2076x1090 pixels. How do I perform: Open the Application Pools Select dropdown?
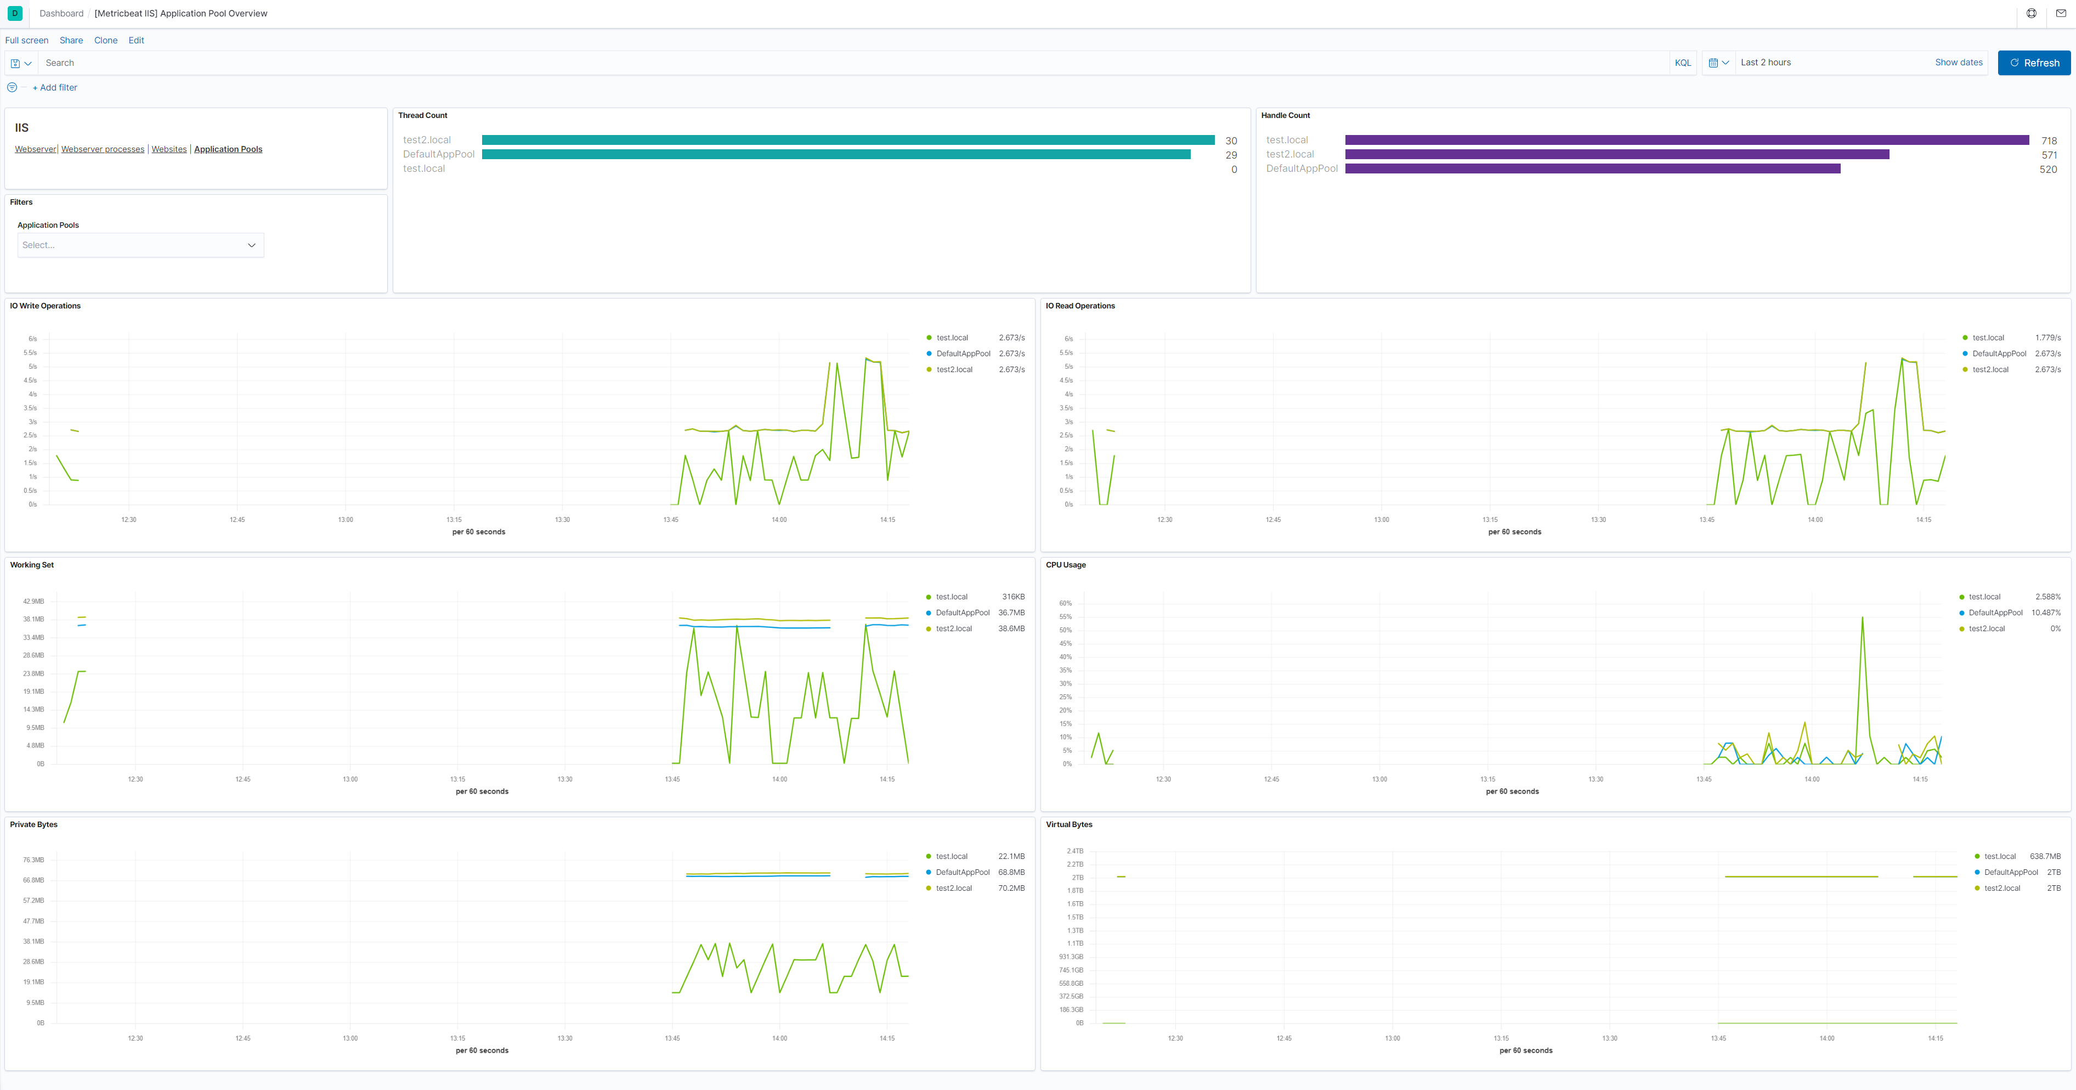(140, 245)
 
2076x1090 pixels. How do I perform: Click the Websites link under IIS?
(168, 149)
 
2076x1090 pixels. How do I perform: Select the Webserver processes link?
(103, 149)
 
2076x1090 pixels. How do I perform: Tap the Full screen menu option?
(26, 40)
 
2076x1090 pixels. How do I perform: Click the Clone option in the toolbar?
(105, 40)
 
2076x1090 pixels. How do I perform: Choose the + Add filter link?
(55, 88)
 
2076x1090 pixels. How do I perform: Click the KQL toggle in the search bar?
(1683, 63)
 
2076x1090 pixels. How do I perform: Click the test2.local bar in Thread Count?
(848, 141)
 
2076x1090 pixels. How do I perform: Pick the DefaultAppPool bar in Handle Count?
(1592, 169)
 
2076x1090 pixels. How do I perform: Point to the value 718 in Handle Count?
(2049, 141)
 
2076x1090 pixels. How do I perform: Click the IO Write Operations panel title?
(45, 306)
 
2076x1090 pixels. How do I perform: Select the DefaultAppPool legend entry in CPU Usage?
(1995, 613)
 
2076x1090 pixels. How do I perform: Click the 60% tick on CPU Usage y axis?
(1065, 604)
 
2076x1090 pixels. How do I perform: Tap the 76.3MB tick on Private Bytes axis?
(34, 860)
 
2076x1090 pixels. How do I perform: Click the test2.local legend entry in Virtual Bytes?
(2002, 889)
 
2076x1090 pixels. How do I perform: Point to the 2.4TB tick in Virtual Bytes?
(1075, 851)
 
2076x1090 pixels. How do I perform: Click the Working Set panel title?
(32, 565)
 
